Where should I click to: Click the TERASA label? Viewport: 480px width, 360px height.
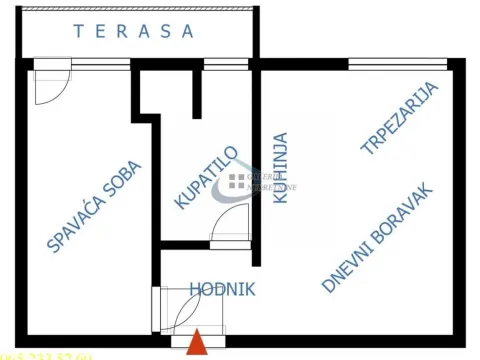pos(134,31)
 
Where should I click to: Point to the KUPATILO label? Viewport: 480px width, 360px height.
pos(206,178)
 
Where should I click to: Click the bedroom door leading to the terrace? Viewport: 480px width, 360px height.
pos(49,82)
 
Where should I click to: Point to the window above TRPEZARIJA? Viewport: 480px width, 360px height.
pos(397,65)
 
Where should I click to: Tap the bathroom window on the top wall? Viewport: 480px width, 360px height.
pos(226,65)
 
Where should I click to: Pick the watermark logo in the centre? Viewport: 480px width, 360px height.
pos(236,180)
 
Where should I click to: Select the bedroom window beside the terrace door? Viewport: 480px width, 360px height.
pos(98,65)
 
